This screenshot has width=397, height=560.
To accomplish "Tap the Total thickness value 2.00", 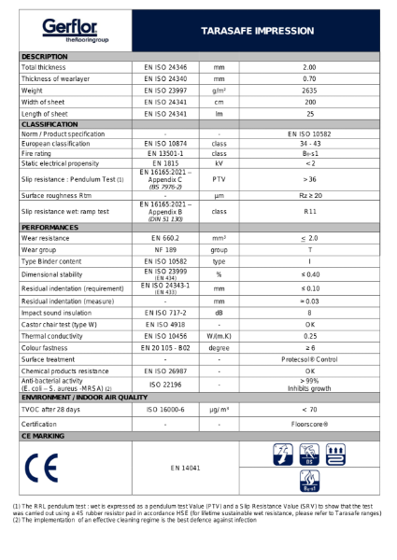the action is pos(309,68).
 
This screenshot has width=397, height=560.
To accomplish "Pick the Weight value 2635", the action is pos(309,91).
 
